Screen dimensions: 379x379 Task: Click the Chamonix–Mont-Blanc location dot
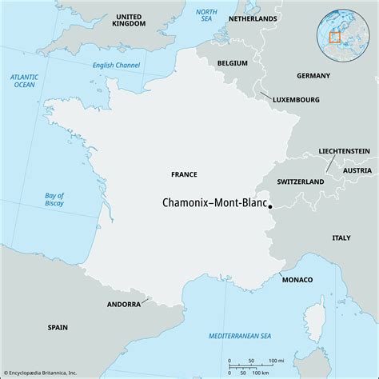[270, 206]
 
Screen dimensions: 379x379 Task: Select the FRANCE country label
[184, 174]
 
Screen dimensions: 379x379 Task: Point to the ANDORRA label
[124, 305]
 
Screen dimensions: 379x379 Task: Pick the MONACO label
[297, 279]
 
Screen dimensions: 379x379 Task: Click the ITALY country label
[341, 237]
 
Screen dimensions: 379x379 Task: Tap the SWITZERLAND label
[301, 182]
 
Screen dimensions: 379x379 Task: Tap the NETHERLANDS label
[253, 18]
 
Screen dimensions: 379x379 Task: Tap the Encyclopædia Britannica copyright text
[50, 372]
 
